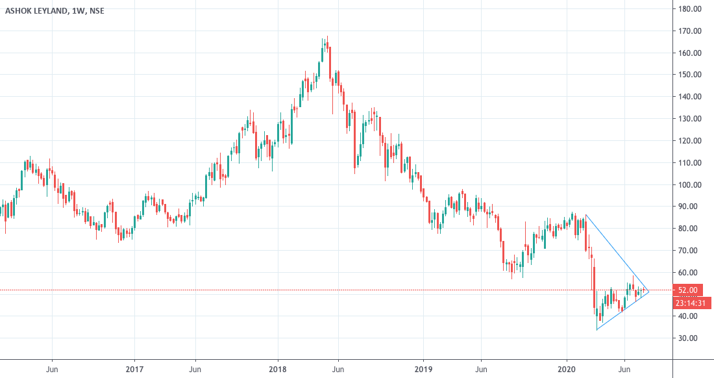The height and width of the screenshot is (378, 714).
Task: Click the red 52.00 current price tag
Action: (688, 290)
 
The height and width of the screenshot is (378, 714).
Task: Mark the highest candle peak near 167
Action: (327, 37)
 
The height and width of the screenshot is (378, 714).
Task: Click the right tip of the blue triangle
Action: (649, 291)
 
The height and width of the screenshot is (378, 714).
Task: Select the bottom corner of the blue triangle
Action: (597, 330)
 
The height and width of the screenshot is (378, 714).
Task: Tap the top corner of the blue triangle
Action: (585, 215)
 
